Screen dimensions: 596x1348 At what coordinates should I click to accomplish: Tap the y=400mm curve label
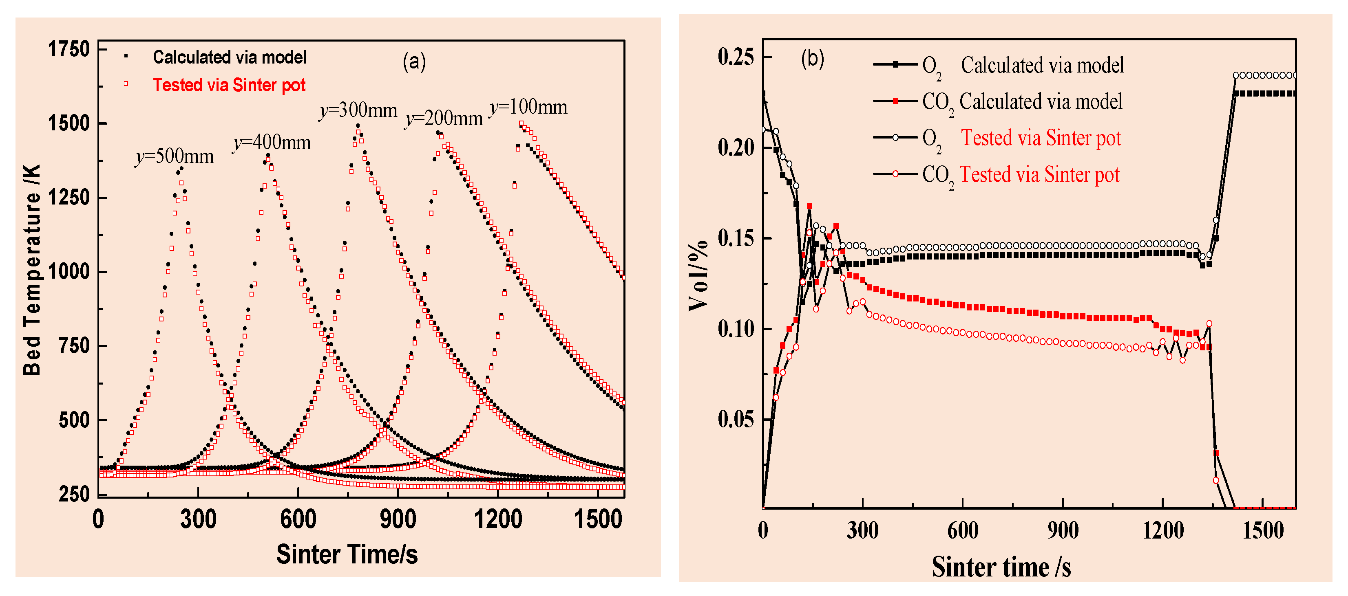(272, 142)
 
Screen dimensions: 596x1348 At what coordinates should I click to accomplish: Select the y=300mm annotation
(358, 110)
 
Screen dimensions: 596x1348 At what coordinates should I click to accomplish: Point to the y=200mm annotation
(444, 119)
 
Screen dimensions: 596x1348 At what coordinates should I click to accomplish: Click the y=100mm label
(528, 107)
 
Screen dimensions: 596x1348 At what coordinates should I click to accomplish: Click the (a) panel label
(414, 62)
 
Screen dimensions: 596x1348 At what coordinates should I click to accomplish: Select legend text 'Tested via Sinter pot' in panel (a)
(229, 85)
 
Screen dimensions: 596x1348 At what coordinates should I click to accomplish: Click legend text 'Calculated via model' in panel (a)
(229, 57)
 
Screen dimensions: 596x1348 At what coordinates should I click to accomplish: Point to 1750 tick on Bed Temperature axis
(69, 49)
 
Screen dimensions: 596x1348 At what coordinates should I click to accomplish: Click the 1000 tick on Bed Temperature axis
(69, 272)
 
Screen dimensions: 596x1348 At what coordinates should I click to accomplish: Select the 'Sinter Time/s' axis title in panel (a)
(347, 554)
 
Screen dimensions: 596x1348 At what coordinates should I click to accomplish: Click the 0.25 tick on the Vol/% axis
(735, 57)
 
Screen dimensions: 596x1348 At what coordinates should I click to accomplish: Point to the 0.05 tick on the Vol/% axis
(735, 419)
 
